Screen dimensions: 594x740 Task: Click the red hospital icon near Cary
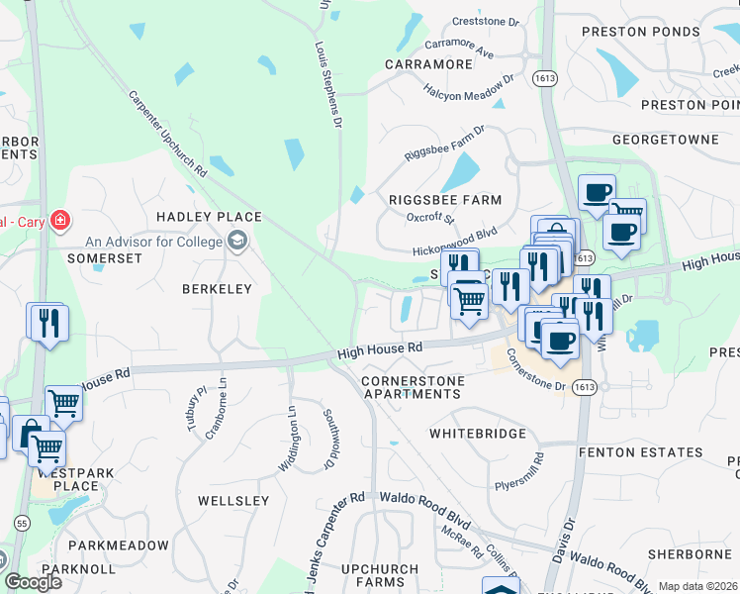pyautogui.click(x=60, y=219)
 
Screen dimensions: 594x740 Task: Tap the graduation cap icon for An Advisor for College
pyautogui.click(x=236, y=241)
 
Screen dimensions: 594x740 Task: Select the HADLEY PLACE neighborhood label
pyautogui.click(x=208, y=217)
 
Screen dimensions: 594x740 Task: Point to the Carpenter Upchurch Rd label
pyautogui.click(x=167, y=135)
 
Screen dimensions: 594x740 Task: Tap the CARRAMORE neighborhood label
pyautogui.click(x=428, y=64)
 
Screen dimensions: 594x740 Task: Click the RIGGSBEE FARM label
pyautogui.click(x=445, y=200)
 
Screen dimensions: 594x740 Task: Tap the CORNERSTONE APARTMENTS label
pyautogui.click(x=411, y=387)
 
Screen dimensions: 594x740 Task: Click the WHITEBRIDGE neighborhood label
pyautogui.click(x=475, y=434)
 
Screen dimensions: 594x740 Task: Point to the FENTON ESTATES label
pyautogui.click(x=640, y=452)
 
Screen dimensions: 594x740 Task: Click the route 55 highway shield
pyautogui.click(x=21, y=522)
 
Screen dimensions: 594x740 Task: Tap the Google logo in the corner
pyautogui.click(x=33, y=581)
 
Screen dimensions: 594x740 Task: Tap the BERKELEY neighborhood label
pyautogui.click(x=217, y=289)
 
